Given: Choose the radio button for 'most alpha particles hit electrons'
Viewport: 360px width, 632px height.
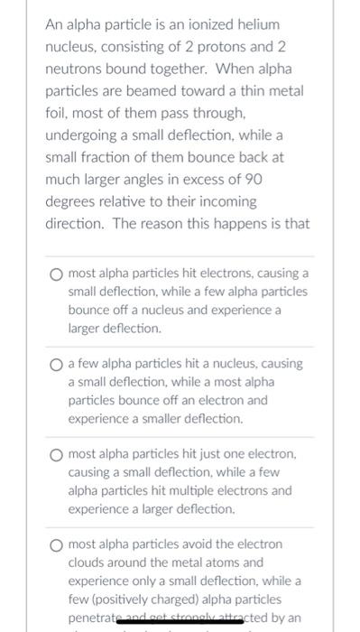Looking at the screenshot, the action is point(56,272).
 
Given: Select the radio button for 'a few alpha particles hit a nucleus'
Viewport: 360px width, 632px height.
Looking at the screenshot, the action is point(56,363).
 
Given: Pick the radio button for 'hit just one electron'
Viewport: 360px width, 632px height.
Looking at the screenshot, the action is point(56,453).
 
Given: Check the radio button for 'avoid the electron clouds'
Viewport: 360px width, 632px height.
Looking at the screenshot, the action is point(56,544).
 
